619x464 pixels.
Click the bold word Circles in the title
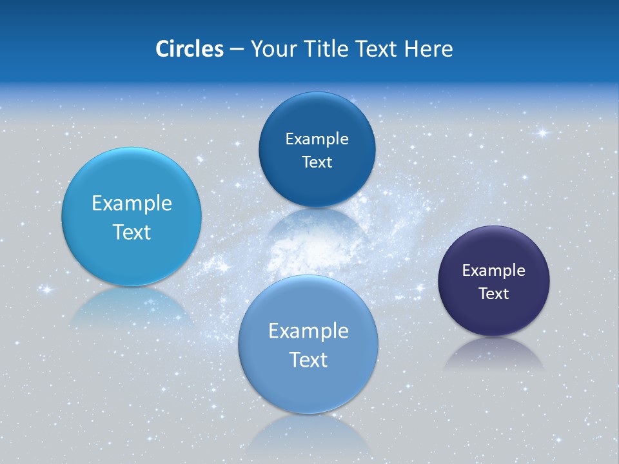point(189,49)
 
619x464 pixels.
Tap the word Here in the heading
point(429,49)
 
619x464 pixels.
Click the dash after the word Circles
point(237,50)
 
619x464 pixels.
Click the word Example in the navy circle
point(494,271)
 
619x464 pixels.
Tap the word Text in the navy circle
point(494,294)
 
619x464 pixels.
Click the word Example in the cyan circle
point(132,204)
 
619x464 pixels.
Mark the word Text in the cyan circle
point(132,232)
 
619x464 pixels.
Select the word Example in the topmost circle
point(317,139)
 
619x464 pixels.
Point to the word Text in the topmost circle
point(317,162)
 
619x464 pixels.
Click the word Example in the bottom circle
point(308,331)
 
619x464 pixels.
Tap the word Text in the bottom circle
point(308,360)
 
